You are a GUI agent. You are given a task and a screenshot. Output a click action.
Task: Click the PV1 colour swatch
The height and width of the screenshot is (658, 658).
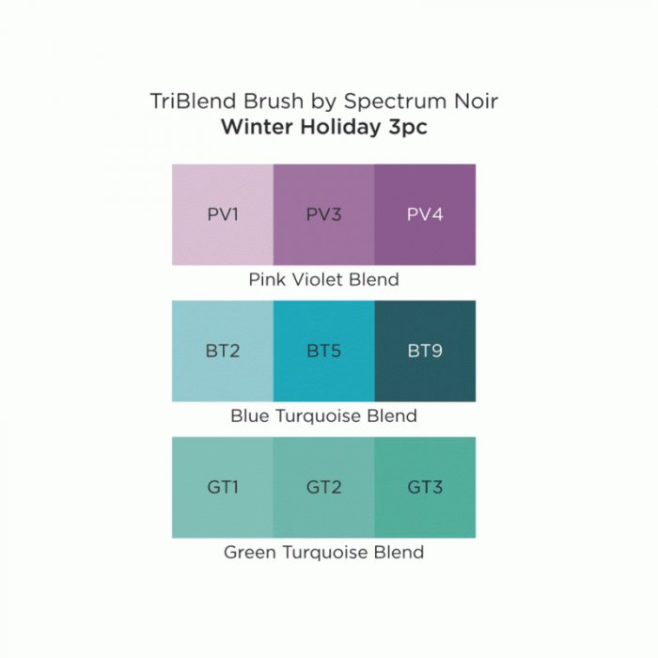click(223, 214)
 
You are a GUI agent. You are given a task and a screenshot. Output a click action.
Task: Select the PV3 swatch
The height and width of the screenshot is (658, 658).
click(323, 214)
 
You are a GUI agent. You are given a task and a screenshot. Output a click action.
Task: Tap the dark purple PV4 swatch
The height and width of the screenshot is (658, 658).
click(425, 214)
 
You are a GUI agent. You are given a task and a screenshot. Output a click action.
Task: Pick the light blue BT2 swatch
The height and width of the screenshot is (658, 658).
click(223, 351)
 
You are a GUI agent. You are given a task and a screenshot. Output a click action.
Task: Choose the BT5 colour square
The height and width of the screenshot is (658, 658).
click(323, 351)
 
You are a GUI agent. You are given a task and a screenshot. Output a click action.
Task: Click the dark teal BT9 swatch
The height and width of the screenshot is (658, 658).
click(425, 351)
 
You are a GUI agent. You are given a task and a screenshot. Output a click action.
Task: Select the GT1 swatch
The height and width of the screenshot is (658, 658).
click(223, 487)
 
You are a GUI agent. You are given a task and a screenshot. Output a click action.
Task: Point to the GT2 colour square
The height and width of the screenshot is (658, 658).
click(323, 487)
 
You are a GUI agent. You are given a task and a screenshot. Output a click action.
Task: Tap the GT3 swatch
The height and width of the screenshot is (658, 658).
click(425, 487)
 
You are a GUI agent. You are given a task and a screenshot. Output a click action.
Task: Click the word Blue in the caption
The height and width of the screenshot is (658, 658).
click(249, 415)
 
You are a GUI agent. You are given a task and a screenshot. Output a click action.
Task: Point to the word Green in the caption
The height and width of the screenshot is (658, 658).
click(250, 553)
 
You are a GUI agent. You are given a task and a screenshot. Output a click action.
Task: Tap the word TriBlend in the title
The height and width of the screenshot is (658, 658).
click(194, 102)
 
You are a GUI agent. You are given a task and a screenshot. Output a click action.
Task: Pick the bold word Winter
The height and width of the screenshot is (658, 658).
click(258, 127)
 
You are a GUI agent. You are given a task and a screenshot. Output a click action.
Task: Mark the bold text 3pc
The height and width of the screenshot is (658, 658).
click(408, 129)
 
